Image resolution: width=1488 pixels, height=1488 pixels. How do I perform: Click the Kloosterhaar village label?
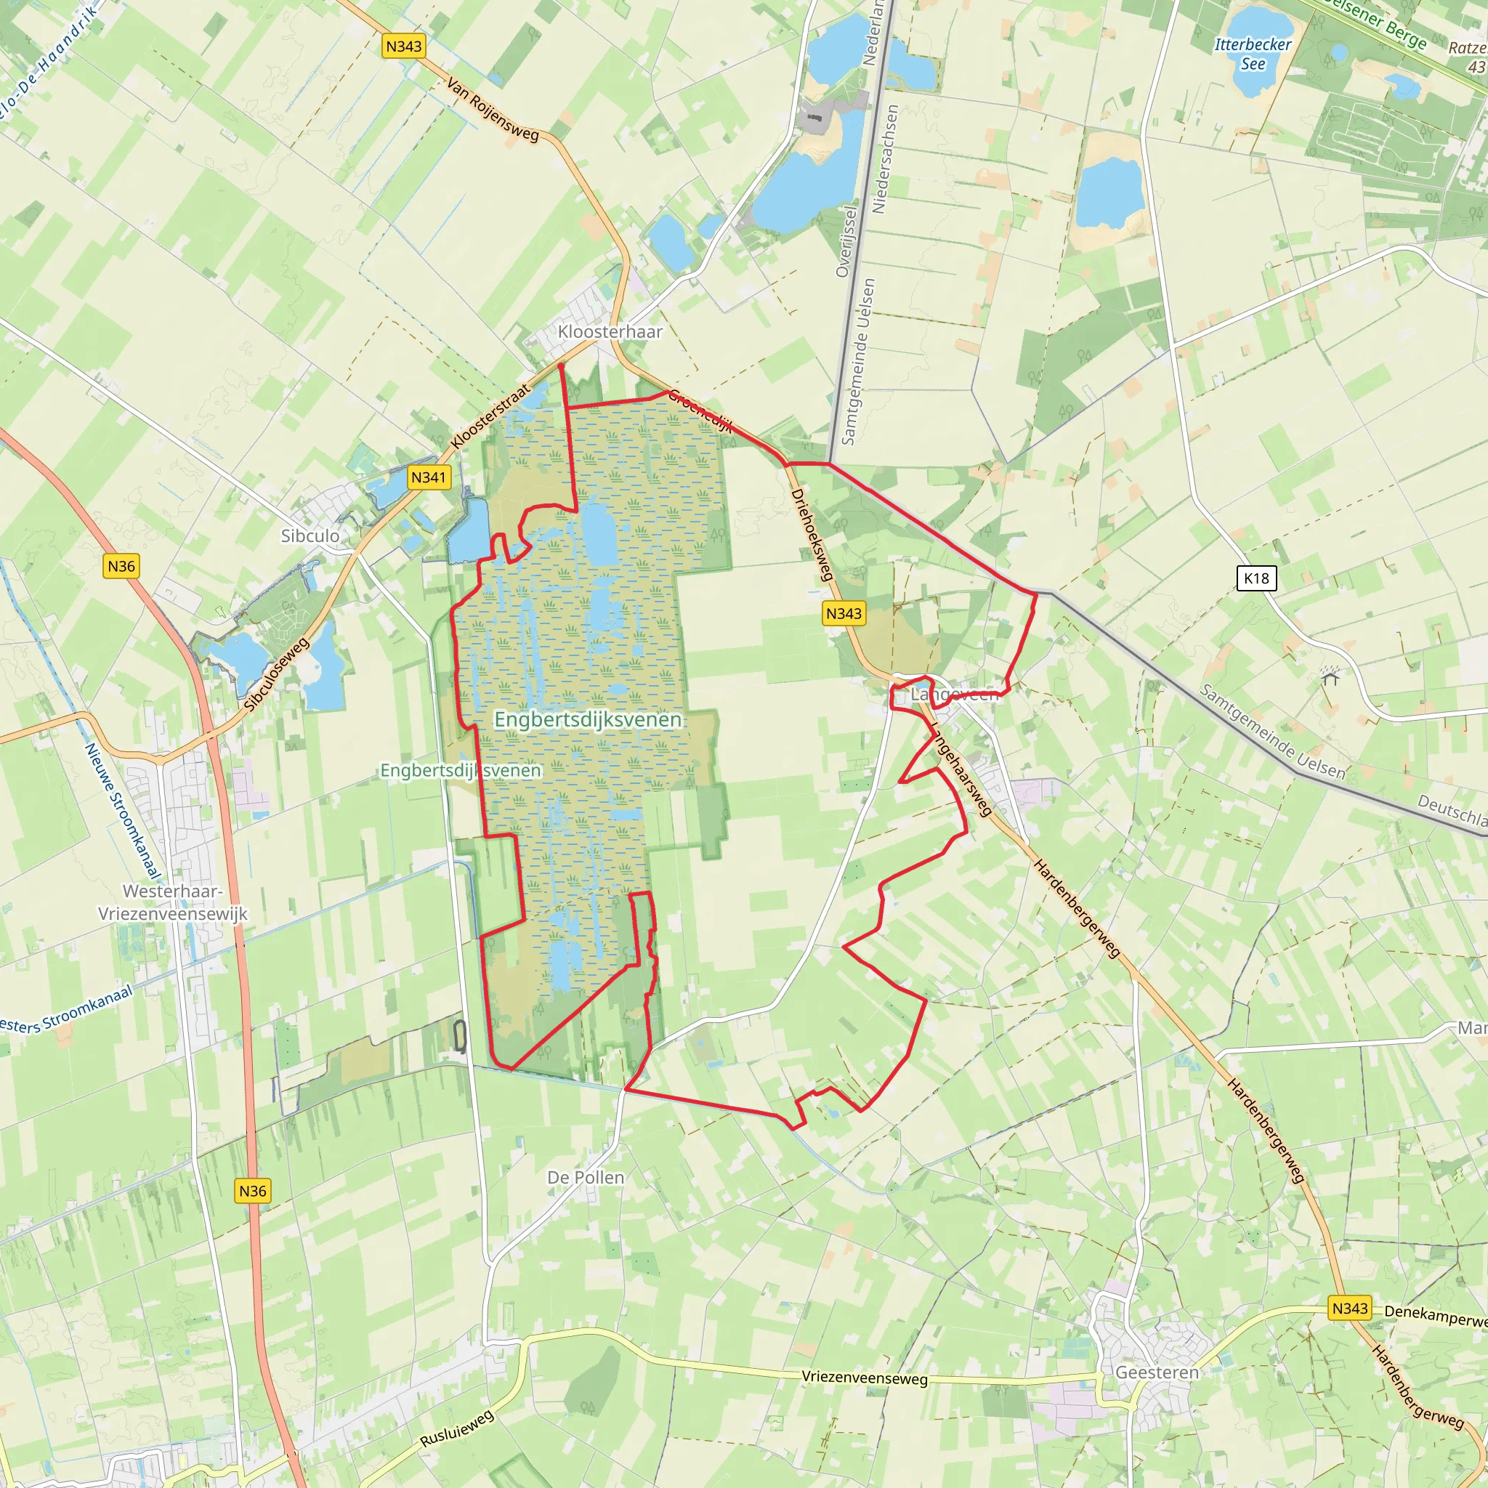(x=610, y=332)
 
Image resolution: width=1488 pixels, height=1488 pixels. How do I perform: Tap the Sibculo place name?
(x=310, y=535)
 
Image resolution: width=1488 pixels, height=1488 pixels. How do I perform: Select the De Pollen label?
(x=586, y=1177)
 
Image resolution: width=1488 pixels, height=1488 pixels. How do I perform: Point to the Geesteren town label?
(x=1157, y=1372)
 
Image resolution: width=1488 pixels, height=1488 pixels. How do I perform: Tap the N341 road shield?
(x=428, y=477)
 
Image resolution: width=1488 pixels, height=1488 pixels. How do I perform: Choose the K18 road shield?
(x=1256, y=578)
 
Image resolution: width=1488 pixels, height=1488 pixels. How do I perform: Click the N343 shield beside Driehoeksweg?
(x=844, y=613)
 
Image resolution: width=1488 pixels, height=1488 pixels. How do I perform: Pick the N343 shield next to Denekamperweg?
(x=1349, y=1308)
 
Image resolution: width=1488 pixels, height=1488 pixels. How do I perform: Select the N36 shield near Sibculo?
(x=121, y=566)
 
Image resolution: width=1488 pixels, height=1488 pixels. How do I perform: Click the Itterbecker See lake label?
(x=1253, y=54)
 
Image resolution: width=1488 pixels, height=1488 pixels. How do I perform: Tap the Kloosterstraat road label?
(x=490, y=416)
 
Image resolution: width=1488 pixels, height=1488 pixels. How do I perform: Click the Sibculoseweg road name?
(x=277, y=674)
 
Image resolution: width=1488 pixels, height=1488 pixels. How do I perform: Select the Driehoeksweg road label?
(x=812, y=535)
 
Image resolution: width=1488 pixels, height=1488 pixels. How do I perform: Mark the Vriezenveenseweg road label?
(x=864, y=1377)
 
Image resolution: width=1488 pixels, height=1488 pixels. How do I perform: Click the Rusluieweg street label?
(x=457, y=1428)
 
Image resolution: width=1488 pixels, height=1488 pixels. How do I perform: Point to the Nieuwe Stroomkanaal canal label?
(x=123, y=810)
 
